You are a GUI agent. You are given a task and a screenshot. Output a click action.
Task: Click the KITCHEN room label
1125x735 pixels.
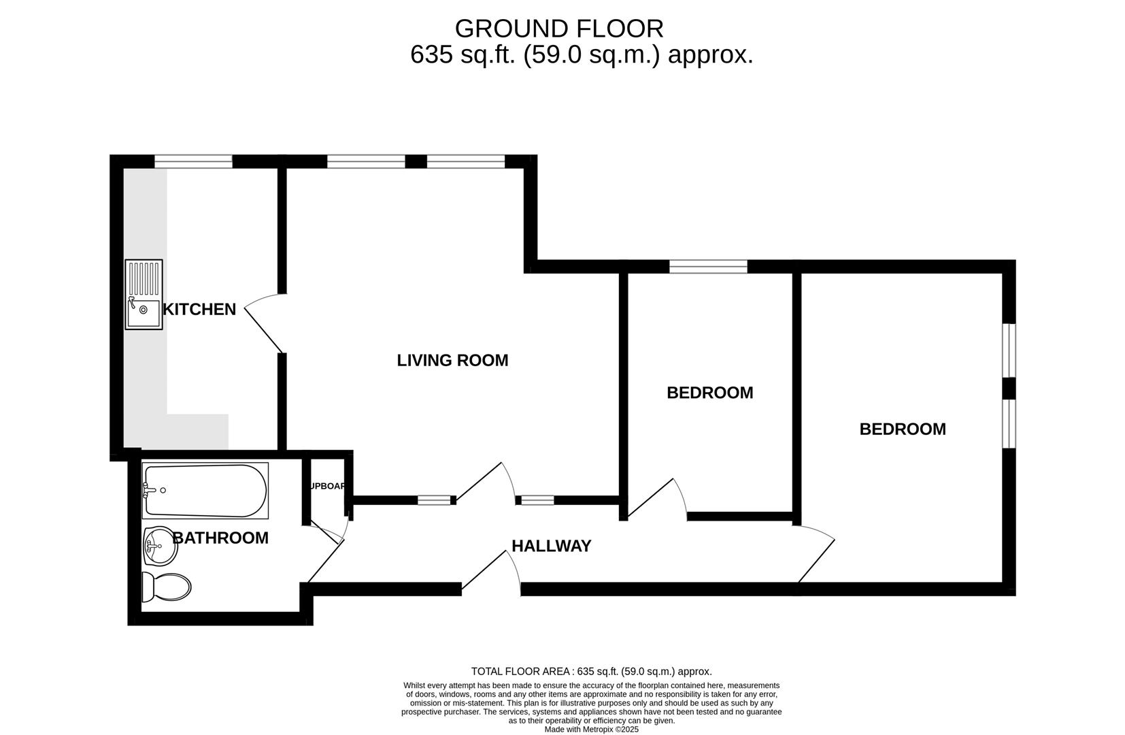pos(199,310)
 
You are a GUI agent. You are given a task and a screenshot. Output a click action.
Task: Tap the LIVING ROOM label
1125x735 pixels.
pos(452,361)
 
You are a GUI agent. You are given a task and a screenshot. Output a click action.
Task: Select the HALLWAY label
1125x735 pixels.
pos(551,546)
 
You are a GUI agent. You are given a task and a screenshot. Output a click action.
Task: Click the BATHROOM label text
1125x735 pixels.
pos(220,538)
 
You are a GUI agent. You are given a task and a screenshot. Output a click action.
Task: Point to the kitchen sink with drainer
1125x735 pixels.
pos(144,295)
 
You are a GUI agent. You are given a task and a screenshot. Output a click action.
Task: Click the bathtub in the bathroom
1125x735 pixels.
pos(205,490)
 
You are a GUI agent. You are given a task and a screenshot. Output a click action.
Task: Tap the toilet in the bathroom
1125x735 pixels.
pos(166,586)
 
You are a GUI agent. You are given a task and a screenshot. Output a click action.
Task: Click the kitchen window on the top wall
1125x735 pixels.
pos(193,161)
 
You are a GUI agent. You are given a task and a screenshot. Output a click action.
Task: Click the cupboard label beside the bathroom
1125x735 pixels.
pos(327,487)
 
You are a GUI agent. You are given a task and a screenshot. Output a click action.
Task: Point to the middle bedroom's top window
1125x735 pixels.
pos(708,267)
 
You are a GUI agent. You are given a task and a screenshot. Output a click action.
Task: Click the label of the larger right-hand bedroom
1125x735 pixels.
pos(903,429)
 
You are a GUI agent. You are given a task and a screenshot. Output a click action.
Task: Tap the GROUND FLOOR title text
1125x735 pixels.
pos(559,29)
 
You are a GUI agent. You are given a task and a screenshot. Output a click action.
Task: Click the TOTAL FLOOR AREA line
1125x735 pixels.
pos(591,672)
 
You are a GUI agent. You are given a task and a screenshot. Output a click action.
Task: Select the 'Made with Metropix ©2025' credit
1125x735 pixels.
pos(591,730)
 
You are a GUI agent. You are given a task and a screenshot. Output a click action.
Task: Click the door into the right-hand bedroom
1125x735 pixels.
pos(816,555)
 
